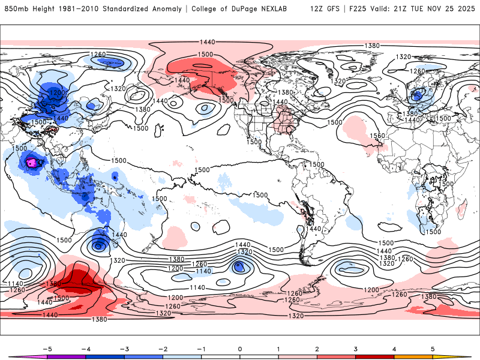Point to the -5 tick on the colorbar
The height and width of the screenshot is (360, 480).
(46, 348)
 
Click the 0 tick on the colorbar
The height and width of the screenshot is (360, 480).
(240, 348)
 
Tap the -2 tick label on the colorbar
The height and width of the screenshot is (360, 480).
(162, 348)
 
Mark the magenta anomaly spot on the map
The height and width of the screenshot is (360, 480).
(31, 162)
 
